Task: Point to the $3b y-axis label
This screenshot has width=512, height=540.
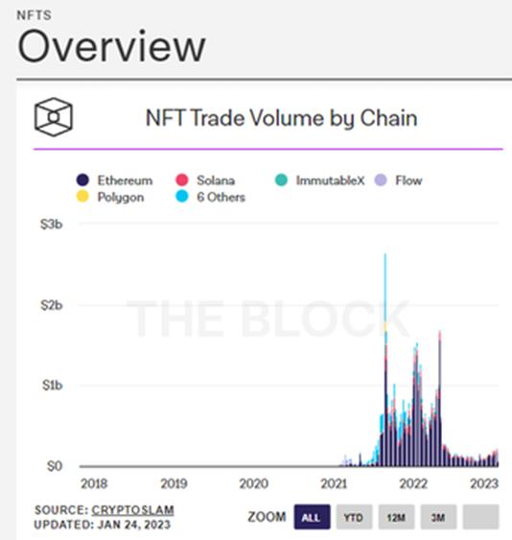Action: click(x=49, y=224)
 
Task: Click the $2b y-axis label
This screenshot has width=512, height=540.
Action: click(x=49, y=305)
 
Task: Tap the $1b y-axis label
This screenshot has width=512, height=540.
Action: click(x=49, y=386)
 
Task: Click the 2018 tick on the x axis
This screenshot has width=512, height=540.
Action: click(x=94, y=483)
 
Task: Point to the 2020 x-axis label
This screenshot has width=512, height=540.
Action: click(x=253, y=483)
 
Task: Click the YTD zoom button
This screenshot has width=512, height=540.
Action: click(x=354, y=517)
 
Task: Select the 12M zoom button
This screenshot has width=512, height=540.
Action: click(x=396, y=517)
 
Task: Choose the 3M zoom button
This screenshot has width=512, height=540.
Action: click(x=438, y=517)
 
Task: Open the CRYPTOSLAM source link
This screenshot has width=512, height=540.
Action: click(x=133, y=509)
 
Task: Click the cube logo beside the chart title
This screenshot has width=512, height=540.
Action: click(x=54, y=118)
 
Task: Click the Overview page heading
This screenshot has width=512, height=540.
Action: click(x=111, y=46)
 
